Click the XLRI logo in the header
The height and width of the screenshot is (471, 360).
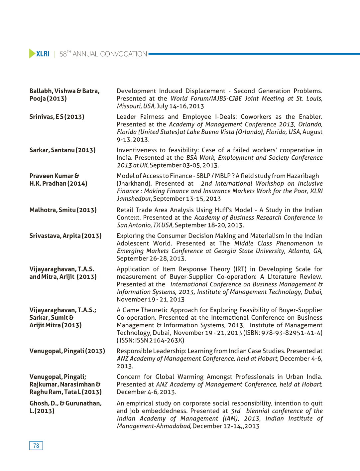pyautogui.click(x=39, y=54)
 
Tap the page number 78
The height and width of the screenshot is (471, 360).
pyautogui.click(x=36, y=446)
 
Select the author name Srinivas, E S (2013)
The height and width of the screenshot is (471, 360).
pyautogui.click(x=57, y=117)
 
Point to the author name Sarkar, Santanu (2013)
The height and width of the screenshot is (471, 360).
pyautogui.click(x=62, y=150)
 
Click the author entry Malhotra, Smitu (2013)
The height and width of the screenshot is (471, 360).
pyautogui.click(x=63, y=210)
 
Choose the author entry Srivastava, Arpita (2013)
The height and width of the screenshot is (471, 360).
pyautogui.click(x=65, y=236)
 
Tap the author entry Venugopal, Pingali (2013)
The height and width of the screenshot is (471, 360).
pyautogui.click(x=67, y=351)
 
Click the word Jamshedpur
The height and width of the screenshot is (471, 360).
pyautogui.click(x=134, y=199)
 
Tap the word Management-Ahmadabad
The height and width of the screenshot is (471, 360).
pyautogui.click(x=154, y=426)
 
